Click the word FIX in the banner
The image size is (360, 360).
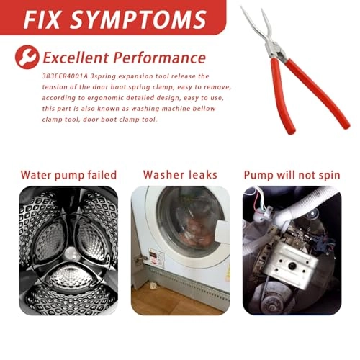pos(41,19)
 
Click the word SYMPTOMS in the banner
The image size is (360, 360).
pos(138,19)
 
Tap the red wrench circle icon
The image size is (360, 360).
pos(27,57)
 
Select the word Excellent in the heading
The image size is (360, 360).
pos(76,58)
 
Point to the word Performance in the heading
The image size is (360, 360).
pos(159,58)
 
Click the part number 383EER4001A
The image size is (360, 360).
pos(62,76)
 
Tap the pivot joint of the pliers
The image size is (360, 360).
pos(275,50)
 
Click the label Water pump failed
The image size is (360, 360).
pos(68,175)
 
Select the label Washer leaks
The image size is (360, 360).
pos(180,174)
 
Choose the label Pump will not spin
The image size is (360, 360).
pos(292,175)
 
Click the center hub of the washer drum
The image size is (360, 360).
pos(71,253)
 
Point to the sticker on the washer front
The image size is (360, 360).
pos(156,257)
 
